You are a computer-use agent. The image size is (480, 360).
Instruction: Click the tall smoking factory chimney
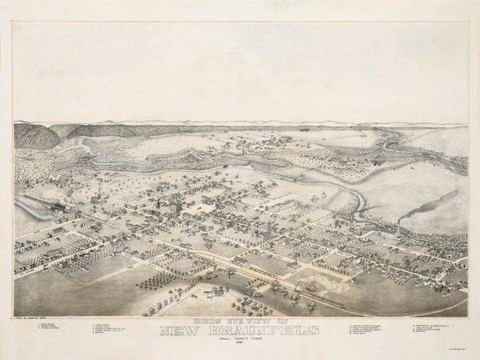pos(398,228)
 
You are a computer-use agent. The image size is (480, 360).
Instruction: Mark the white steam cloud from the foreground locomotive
pos(306,281)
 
